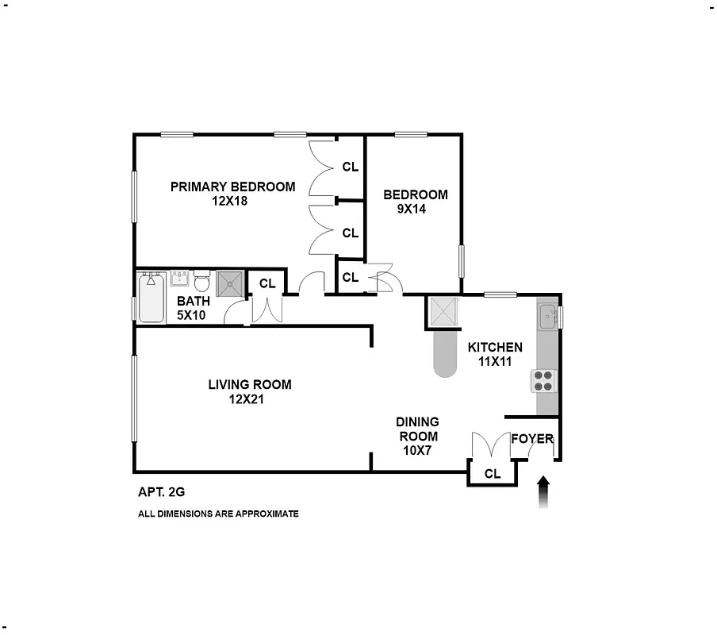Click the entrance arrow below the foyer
click(x=543, y=491)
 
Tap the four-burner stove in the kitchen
click(x=543, y=381)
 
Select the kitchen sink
click(x=546, y=317)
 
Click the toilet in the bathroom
click(x=201, y=283)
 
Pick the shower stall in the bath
click(x=231, y=283)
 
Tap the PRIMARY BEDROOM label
click(x=232, y=187)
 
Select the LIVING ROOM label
click(x=249, y=385)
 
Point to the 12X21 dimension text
click(x=246, y=400)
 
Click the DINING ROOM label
click(x=418, y=429)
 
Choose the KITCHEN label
click(x=495, y=347)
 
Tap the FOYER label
click(x=532, y=439)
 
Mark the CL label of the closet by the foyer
click(x=493, y=474)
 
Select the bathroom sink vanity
click(x=178, y=279)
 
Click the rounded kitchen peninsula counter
click(x=446, y=353)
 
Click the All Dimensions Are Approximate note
click(x=218, y=514)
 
